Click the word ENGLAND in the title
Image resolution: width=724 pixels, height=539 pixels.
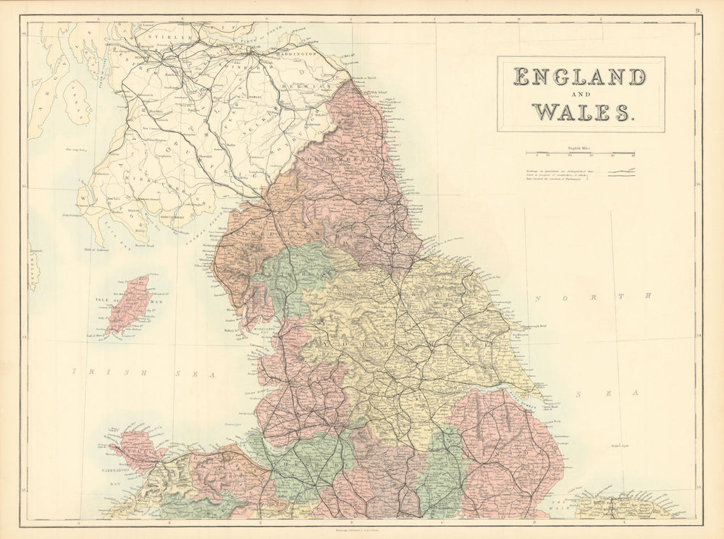click(x=579, y=76)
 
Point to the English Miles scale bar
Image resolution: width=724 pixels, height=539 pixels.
click(x=580, y=153)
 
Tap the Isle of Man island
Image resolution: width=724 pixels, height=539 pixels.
click(x=129, y=304)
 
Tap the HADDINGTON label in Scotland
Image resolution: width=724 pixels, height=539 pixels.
click(x=295, y=54)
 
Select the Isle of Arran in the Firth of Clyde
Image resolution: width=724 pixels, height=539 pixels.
click(x=76, y=102)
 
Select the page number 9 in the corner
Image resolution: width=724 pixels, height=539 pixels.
click(x=697, y=10)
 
